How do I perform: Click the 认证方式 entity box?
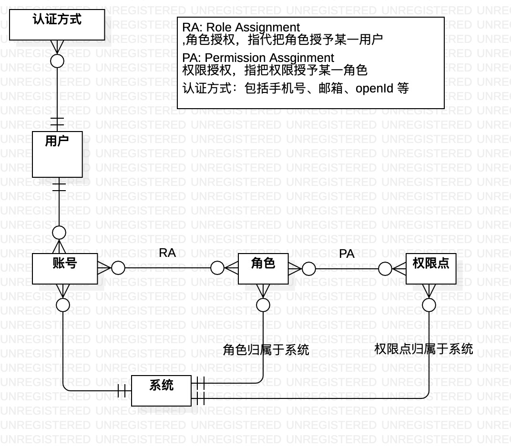(x=57, y=26)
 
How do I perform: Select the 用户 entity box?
(x=57, y=154)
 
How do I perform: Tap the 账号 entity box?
(x=65, y=268)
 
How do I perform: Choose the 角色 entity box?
(x=263, y=268)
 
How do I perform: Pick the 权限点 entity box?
(x=431, y=268)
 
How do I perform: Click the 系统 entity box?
(x=161, y=391)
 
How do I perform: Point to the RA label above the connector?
(x=167, y=253)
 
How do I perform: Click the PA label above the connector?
(x=347, y=255)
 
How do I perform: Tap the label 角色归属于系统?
(x=266, y=350)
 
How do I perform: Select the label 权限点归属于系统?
(x=423, y=349)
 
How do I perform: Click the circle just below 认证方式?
(x=57, y=60)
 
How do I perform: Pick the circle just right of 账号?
(x=118, y=268)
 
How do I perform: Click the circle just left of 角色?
(x=217, y=268)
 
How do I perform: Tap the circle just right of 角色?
(x=308, y=269)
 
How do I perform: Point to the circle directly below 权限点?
(x=429, y=304)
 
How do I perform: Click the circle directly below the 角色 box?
(x=263, y=305)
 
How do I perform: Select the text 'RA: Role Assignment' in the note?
(x=241, y=28)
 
